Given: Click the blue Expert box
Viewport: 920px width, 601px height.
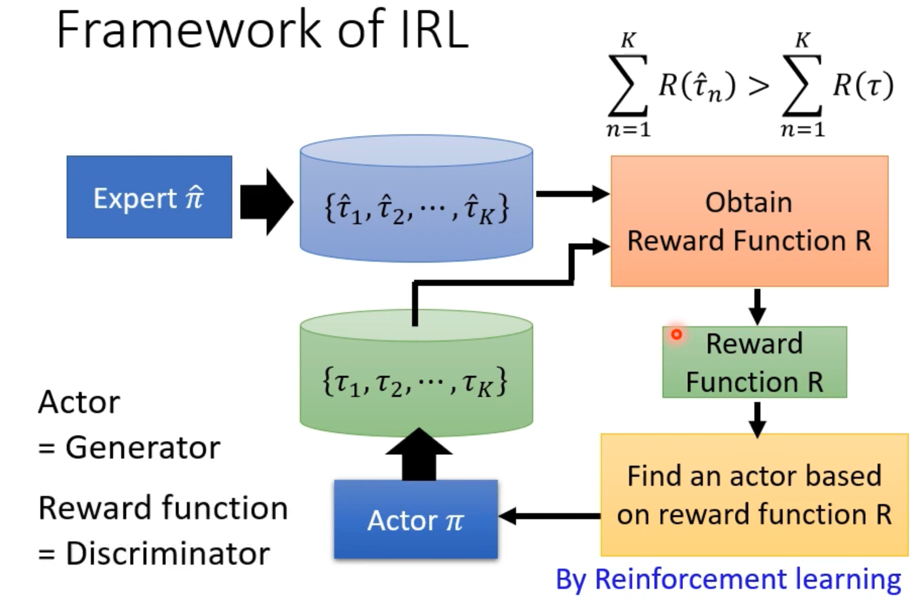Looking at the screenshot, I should tap(149, 197).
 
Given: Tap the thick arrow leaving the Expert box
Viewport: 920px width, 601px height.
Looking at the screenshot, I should tap(266, 202).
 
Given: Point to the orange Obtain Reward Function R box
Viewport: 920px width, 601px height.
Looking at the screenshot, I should tap(749, 221).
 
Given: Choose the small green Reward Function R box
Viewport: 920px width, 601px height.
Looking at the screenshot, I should tap(754, 362).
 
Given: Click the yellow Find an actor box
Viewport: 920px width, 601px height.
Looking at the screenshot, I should tap(754, 495).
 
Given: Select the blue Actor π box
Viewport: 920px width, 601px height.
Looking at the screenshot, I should tap(416, 519).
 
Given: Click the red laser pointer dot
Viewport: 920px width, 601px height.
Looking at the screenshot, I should tap(677, 334).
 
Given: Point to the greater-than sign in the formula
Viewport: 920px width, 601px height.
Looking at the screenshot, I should tap(758, 86).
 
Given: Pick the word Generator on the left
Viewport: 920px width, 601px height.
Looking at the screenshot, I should tap(143, 447).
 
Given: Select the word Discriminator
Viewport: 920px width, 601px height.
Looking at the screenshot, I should tap(168, 554).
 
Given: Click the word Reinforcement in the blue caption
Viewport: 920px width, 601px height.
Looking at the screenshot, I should tap(690, 579).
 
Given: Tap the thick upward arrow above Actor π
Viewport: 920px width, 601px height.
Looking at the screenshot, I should tap(419, 453).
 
